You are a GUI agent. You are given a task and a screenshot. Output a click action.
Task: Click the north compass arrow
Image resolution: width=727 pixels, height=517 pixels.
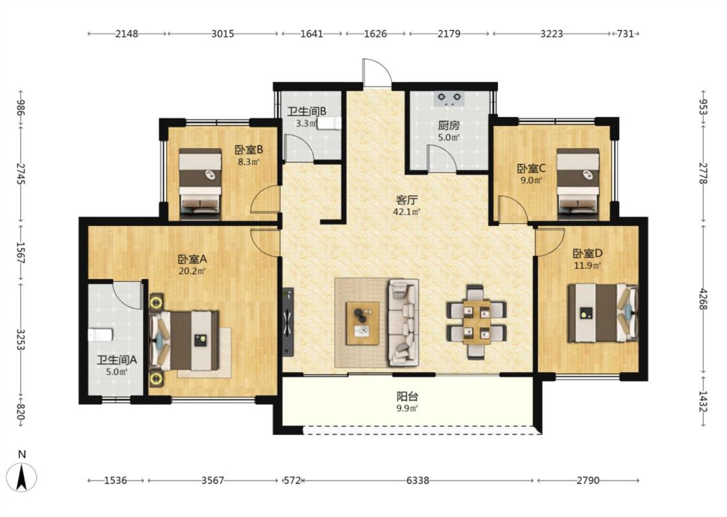coord(22,477)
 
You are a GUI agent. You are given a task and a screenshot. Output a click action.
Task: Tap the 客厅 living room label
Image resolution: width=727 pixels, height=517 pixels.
coord(406,200)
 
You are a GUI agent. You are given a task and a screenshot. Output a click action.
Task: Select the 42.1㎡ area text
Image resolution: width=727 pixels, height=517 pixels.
coord(406,213)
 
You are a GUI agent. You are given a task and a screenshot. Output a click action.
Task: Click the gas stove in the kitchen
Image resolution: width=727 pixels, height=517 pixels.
coord(449,98)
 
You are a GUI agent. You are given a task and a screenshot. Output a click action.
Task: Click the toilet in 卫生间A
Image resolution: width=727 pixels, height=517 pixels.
coord(100,335)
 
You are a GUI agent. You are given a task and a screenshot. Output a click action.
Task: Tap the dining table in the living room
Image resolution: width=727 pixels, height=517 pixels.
coord(477,322)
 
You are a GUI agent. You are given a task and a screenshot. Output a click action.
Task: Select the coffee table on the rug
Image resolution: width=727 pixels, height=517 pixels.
coord(363,323)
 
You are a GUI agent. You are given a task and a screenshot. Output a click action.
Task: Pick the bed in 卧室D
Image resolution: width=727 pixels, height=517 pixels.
coord(602,313)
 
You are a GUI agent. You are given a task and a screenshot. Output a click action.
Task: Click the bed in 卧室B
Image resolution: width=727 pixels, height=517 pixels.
coord(200,184)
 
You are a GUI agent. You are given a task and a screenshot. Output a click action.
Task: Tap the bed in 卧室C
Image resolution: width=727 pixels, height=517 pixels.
coord(578,184)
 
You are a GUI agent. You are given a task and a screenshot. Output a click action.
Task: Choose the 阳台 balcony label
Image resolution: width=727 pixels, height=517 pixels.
coord(408,396)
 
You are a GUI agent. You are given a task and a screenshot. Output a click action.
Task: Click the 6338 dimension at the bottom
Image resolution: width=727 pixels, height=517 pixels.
coord(417,480)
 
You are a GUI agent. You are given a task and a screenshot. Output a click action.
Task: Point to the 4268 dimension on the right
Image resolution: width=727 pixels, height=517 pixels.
coord(703,300)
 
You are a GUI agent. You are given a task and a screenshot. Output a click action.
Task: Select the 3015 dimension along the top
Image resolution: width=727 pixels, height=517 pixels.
coord(222,34)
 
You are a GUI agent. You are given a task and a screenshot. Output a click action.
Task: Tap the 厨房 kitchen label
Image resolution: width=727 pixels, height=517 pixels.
coord(449,125)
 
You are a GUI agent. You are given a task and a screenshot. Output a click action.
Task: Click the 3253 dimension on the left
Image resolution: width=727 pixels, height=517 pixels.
coord(21,340)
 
